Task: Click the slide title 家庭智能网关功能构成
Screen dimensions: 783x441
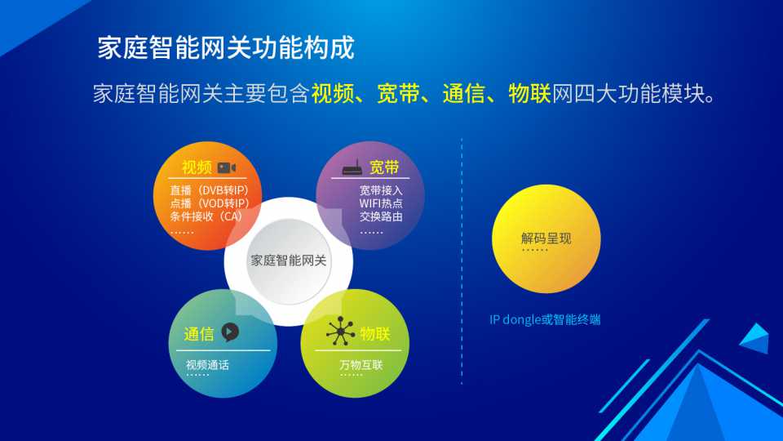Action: (226, 48)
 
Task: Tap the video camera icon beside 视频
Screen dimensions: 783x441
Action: (227, 167)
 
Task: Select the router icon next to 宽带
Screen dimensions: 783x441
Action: (352, 168)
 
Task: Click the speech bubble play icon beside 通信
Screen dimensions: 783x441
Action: (230, 332)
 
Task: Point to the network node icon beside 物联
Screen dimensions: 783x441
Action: (341, 331)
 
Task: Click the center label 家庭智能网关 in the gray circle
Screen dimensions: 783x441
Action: (288, 261)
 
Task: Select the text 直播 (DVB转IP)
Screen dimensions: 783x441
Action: (210, 190)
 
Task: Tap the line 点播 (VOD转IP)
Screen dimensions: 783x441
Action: (210, 203)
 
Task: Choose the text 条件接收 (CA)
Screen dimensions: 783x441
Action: (206, 216)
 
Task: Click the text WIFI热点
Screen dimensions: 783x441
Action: (381, 203)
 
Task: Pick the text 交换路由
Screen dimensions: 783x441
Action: (381, 216)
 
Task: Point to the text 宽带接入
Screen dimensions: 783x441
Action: (381, 190)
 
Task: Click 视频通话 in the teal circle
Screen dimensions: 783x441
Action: (207, 365)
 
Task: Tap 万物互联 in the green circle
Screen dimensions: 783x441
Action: (361, 365)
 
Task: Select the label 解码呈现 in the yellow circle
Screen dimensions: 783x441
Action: (546, 238)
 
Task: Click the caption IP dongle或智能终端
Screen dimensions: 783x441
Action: (545, 319)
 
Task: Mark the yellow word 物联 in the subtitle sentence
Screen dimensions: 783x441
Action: (529, 93)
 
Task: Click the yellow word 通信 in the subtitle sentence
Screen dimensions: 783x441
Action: (463, 93)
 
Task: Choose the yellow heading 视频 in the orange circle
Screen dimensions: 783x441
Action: (197, 167)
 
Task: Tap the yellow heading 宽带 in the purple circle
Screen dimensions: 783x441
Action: (384, 167)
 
